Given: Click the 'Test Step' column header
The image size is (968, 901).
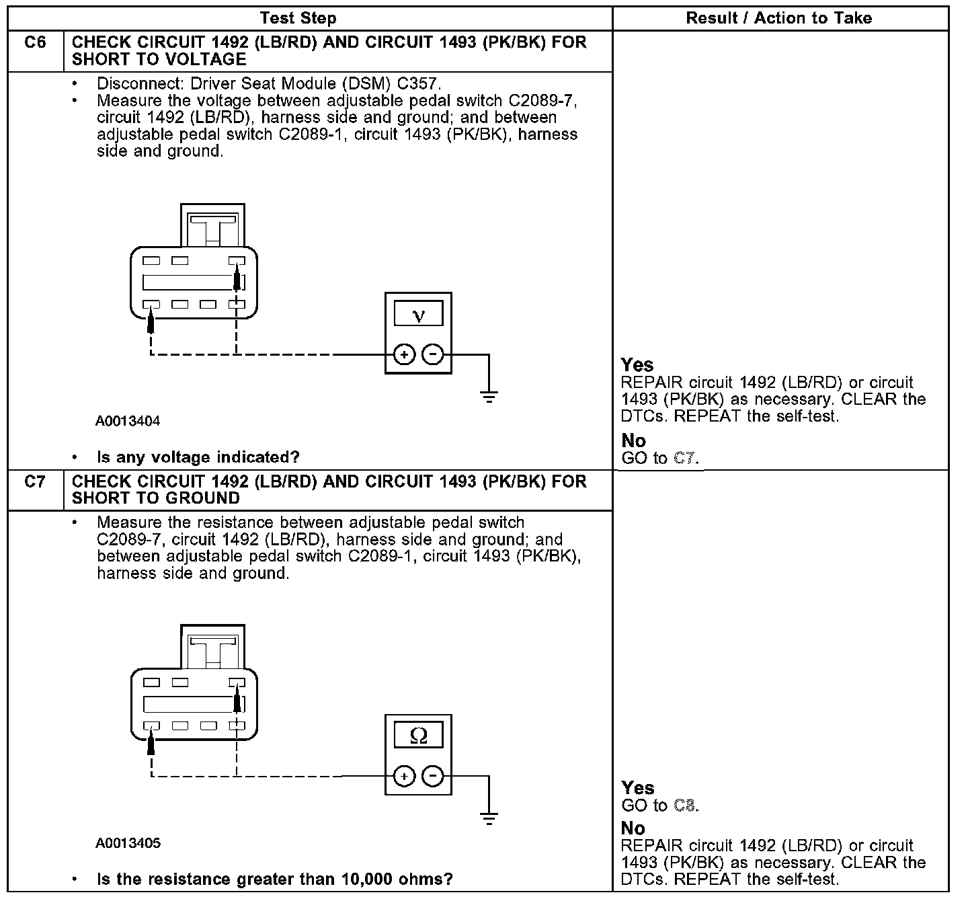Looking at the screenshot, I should tap(298, 18).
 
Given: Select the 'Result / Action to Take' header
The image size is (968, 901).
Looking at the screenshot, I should tap(778, 18).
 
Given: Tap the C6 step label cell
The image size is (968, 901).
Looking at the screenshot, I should tap(35, 43).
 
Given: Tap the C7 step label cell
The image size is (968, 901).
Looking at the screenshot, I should tap(35, 482).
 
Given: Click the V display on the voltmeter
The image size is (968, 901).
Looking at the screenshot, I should tap(418, 314).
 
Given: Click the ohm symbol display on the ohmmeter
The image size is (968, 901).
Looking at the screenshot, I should tap(418, 736).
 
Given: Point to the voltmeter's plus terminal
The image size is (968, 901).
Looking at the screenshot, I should tap(403, 354).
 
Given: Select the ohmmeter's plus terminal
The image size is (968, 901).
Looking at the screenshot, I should tap(403, 777).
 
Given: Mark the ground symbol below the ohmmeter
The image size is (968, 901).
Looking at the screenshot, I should tap(489, 819).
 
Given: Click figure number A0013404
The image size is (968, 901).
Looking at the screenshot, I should tap(128, 422).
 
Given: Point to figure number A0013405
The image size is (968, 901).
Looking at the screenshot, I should tap(128, 843).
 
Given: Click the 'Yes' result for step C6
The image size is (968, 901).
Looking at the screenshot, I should tap(637, 365).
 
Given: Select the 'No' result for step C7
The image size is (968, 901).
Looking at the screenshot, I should tap(633, 828).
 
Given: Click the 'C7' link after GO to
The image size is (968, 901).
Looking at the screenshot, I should tap(684, 459).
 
